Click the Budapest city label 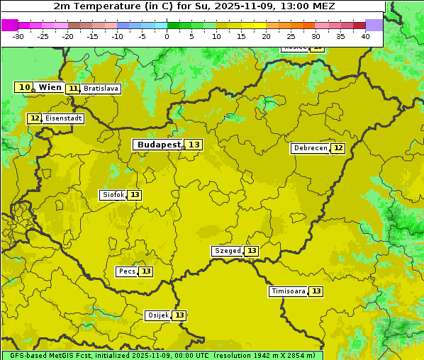(159, 145)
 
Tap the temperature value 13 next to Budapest (194, 145)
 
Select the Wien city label (50, 87)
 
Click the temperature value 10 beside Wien (24, 87)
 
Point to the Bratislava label (100, 89)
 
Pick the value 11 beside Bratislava (73, 89)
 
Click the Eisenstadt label (64, 118)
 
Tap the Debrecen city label (310, 148)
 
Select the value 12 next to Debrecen (338, 148)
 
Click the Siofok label (113, 195)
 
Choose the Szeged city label (228, 251)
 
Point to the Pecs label (127, 271)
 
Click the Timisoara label (288, 291)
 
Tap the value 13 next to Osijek (179, 315)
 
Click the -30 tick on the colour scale (18, 35)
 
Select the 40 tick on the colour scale (365, 35)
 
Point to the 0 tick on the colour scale (167, 35)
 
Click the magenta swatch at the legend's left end (9, 25)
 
